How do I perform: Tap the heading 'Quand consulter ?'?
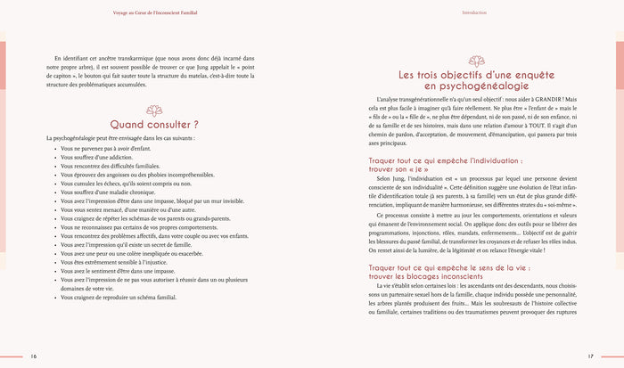pyautogui.click(x=153, y=124)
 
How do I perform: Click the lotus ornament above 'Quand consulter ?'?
pyautogui.click(x=153, y=106)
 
